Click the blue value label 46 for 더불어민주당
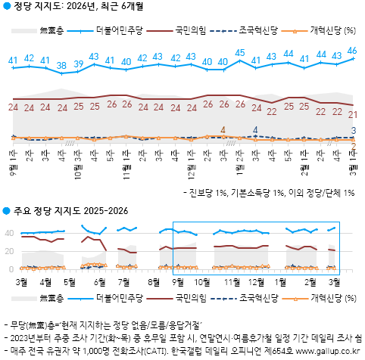[352, 51]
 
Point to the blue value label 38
[61, 64]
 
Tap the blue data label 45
[239, 52]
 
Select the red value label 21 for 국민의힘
[352, 114]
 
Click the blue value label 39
[78, 64]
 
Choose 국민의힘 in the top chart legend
[181, 31]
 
